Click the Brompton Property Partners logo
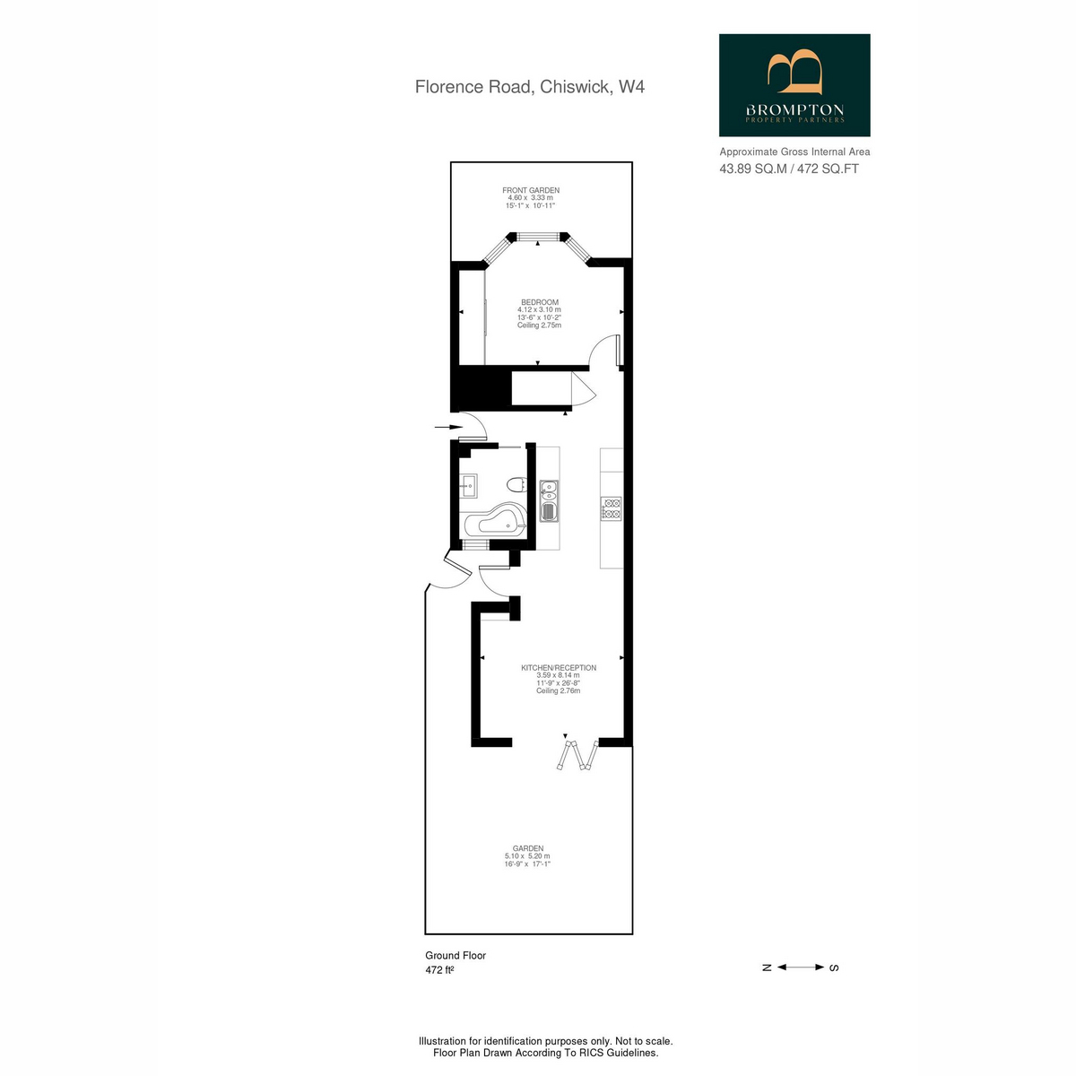(x=794, y=85)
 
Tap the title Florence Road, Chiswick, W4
(x=529, y=87)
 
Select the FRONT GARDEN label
(x=531, y=190)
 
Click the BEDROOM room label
(x=540, y=302)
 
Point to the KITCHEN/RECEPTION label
(x=559, y=667)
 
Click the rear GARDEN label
(x=527, y=848)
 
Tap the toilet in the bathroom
(x=516, y=484)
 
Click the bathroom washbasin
(x=468, y=486)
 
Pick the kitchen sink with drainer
(x=549, y=501)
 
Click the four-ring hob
(x=612, y=508)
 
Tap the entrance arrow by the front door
(x=449, y=427)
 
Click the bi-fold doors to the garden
(x=577, y=756)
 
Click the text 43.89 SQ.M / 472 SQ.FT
(x=789, y=169)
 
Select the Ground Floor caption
(x=456, y=955)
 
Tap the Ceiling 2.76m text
(x=559, y=690)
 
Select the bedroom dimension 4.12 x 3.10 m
(x=540, y=309)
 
